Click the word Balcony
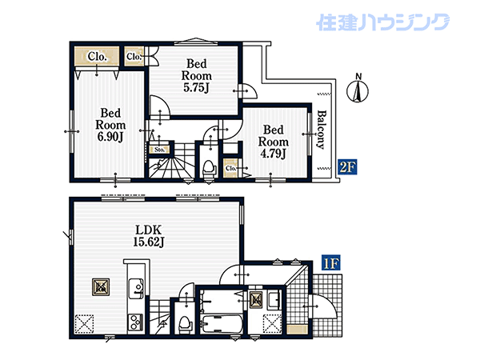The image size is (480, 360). click(321, 130)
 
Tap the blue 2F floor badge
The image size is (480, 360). click(347, 167)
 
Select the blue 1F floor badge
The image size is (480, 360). click(331, 263)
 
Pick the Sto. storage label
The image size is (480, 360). click(159, 150)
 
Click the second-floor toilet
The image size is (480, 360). click(210, 168)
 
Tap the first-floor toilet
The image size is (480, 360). click(185, 325)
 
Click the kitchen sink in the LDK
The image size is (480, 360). click(135, 288)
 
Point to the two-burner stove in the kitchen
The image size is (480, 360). click(135, 322)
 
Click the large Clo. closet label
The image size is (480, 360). click(97, 56)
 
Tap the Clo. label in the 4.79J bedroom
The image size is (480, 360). click(230, 168)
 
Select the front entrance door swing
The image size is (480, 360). click(325, 306)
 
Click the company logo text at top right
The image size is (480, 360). click(382, 22)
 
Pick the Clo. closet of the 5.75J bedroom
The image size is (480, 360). click(134, 56)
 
